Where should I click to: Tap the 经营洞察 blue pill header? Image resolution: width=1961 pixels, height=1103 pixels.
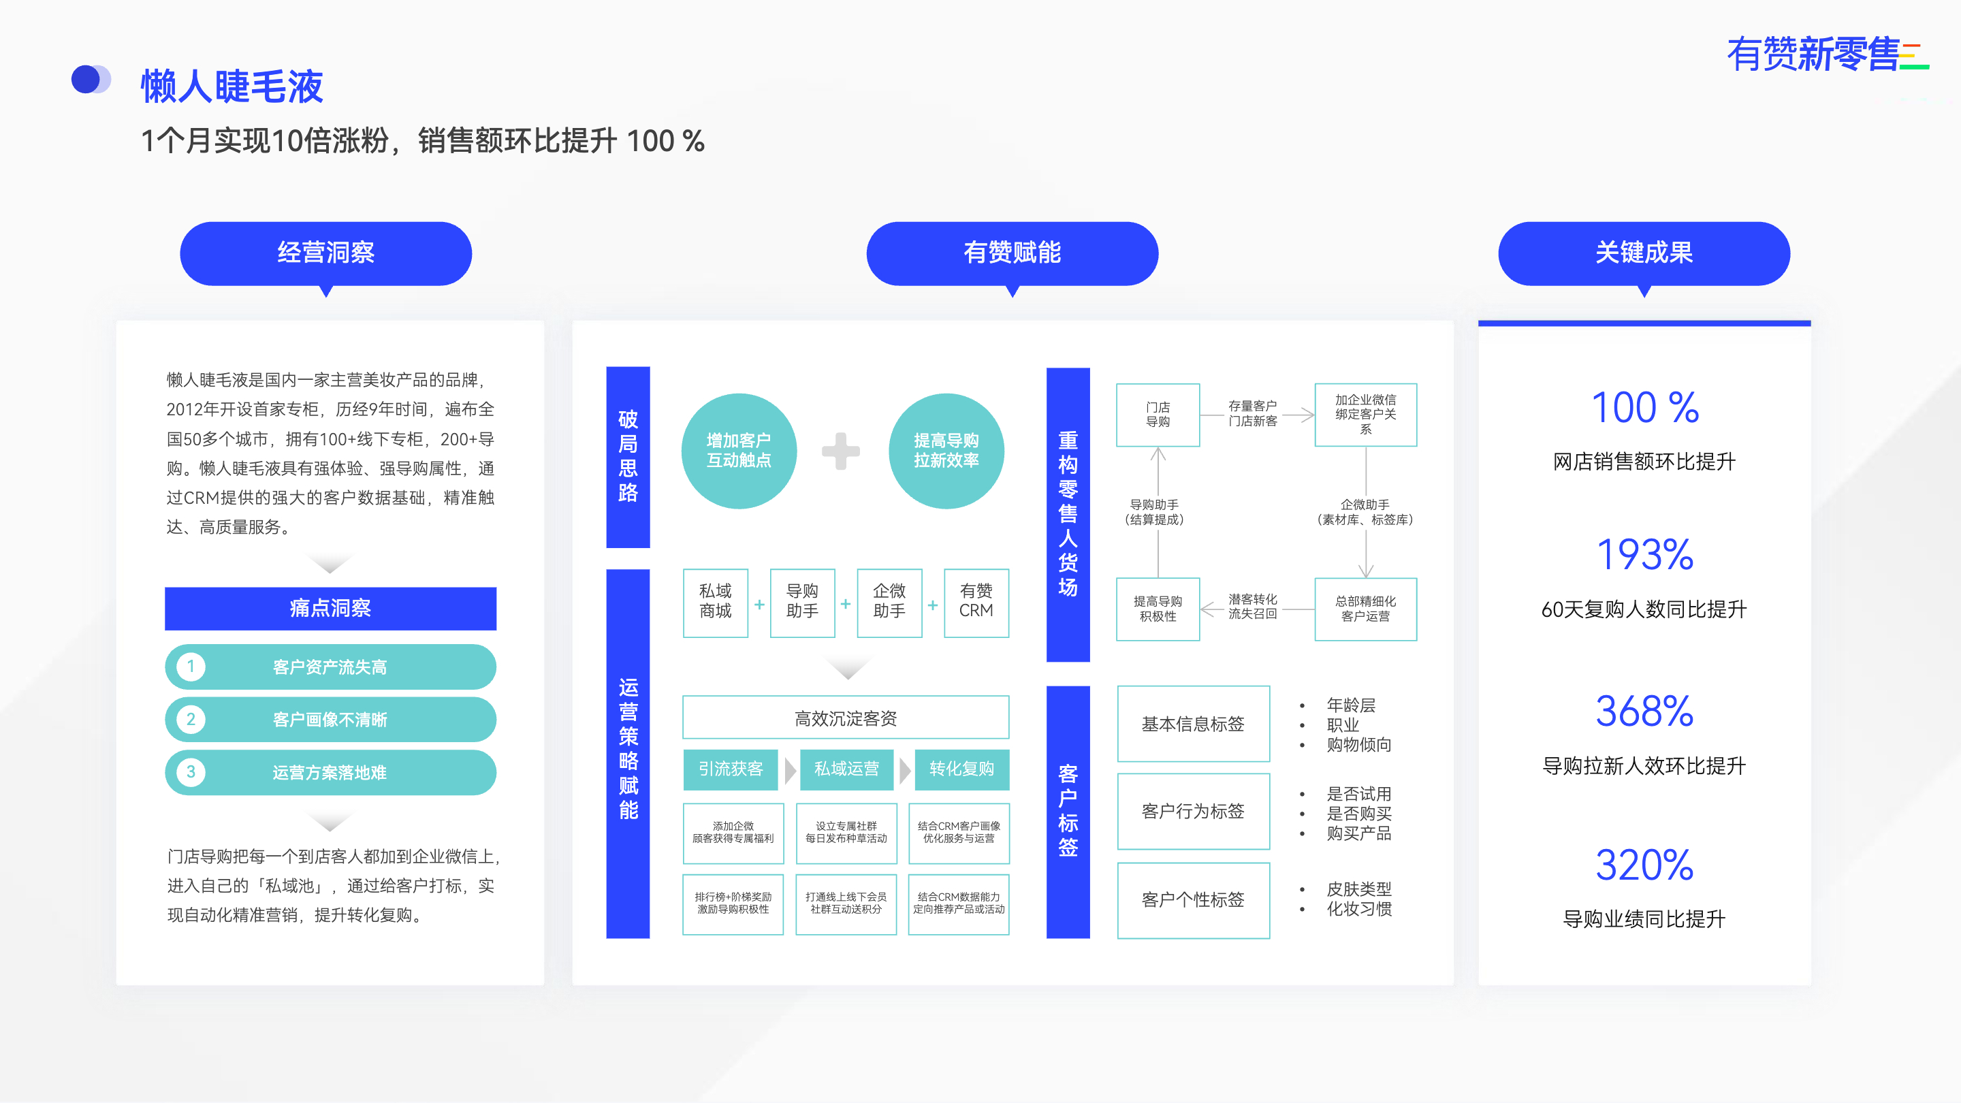[x=326, y=253]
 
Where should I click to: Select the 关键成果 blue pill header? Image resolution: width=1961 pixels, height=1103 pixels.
[x=1644, y=253]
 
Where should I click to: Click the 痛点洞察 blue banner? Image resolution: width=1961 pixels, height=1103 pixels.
[x=330, y=608]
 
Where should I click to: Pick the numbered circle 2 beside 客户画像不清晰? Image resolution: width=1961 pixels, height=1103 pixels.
[x=191, y=720]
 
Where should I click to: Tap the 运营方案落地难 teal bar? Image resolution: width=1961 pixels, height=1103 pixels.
[x=330, y=773]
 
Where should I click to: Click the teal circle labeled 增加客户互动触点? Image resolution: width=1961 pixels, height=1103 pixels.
[x=738, y=451]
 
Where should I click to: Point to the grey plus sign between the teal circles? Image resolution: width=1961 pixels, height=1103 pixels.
[x=840, y=451]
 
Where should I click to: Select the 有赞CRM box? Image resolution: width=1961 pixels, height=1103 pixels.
[x=976, y=601]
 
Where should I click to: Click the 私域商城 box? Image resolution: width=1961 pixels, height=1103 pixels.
[x=716, y=601]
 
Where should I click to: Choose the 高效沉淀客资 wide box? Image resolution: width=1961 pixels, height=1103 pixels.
[x=846, y=718]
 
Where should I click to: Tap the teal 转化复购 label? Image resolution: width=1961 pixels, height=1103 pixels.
[x=961, y=769]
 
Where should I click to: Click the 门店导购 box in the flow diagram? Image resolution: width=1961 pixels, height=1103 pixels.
[x=1158, y=415]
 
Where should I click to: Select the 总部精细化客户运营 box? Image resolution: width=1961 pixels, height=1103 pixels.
[x=1365, y=609]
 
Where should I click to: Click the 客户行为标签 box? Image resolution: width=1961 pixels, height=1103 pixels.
[x=1193, y=812]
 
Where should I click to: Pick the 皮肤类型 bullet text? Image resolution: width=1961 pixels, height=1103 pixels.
[x=1359, y=889]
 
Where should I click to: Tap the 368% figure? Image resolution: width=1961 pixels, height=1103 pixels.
[x=1644, y=712]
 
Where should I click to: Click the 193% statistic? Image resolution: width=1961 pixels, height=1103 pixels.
[x=1644, y=555]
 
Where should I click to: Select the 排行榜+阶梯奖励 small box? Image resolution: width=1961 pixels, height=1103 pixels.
[x=733, y=904]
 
